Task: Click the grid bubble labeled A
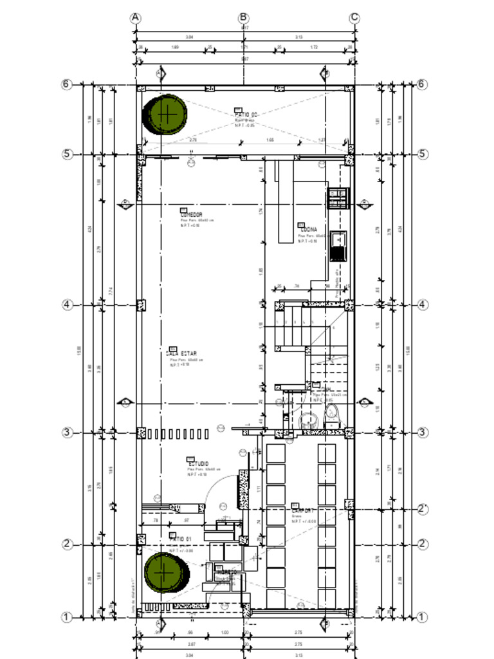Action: coord(136,18)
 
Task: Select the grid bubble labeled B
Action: coord(244,18)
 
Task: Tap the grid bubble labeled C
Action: coord(354,18)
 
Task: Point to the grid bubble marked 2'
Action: coord(423,509)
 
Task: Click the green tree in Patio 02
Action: coord(167,114)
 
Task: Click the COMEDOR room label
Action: coord(191,215)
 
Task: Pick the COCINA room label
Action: coord(308,228)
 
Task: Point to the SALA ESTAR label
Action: coord(181,353)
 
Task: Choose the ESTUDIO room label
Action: coord(198,464)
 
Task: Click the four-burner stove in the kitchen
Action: coord(338,198)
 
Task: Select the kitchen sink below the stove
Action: coord(338,245)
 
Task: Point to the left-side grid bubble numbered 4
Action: coord(67,305)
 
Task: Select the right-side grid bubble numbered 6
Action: coord(422,84)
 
